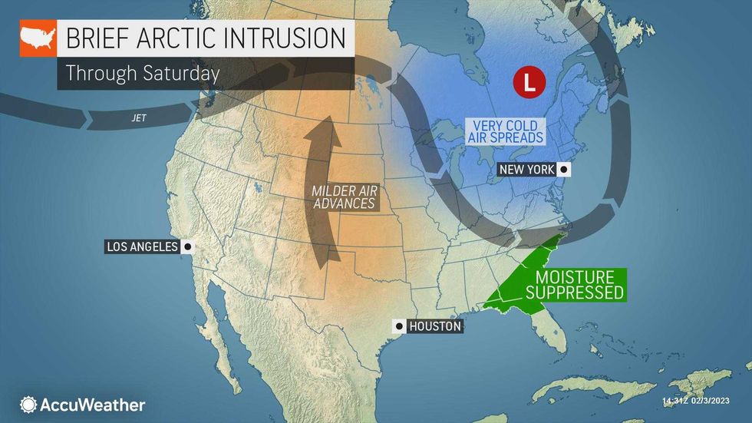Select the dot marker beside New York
[x=564, y=170]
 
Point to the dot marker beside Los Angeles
[x=187, y=246]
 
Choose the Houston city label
[x=435, y=326]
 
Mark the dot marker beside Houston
[x=398, y=326]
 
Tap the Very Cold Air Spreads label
[x=505, y=131]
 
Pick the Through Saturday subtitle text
[x=143, y=73]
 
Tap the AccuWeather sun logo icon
[x=28, y=405]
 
